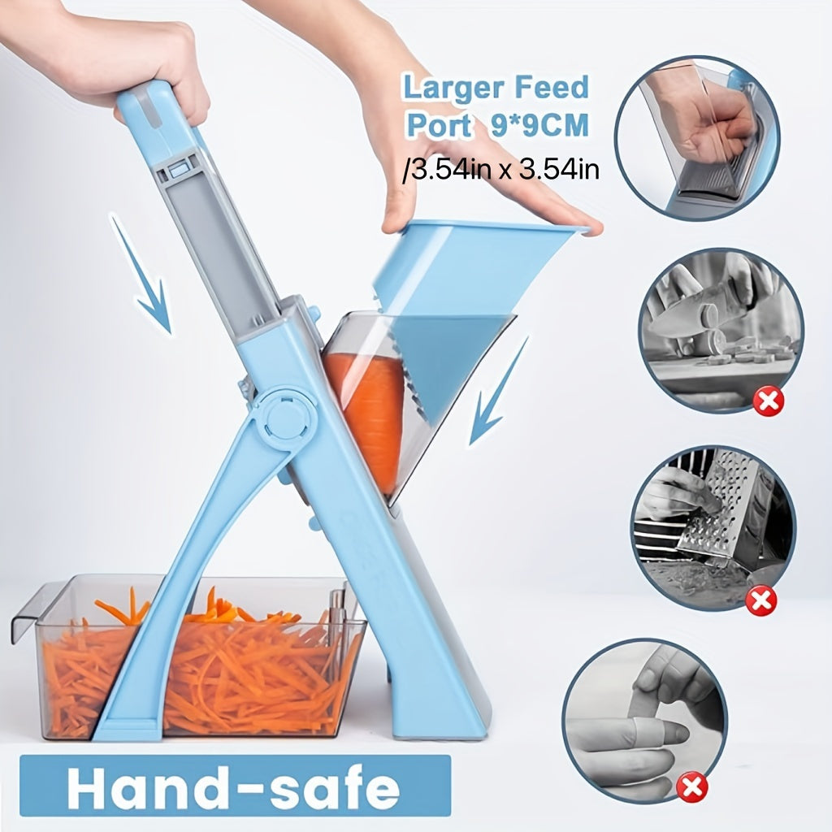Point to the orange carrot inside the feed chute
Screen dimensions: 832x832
click(x=370, y=414)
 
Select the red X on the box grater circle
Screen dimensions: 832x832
click(x=761, y=601)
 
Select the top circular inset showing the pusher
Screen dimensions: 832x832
click(x=696, y=138)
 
